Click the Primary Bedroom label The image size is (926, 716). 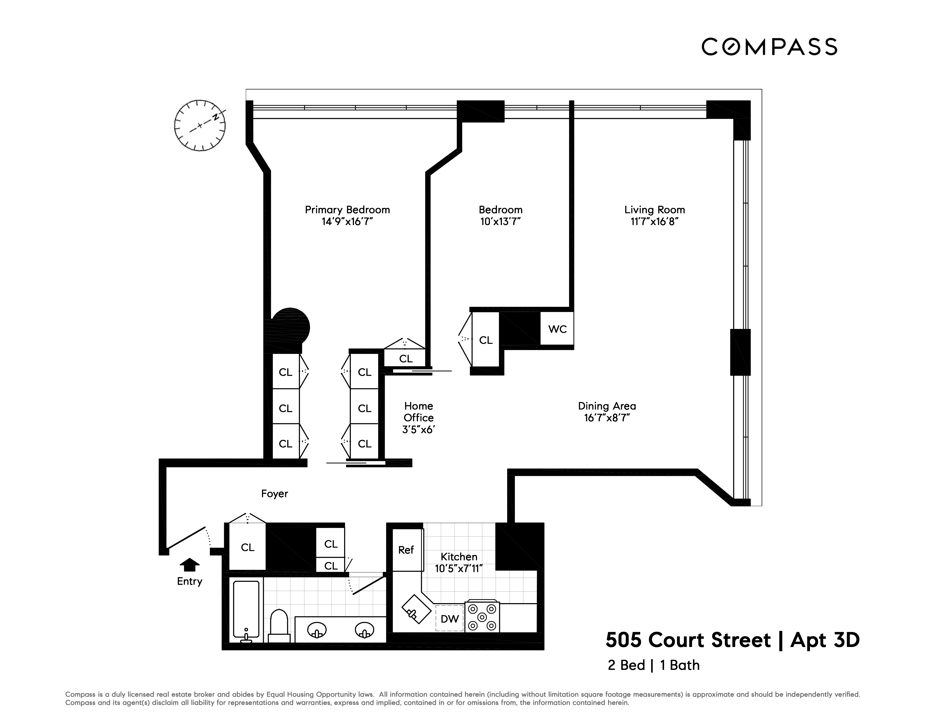tap(347, 210)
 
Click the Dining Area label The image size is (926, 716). tap(607, 406)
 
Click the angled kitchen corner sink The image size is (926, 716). tap(416, 609)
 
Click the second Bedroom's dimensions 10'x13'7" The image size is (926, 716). tap(500, 221)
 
